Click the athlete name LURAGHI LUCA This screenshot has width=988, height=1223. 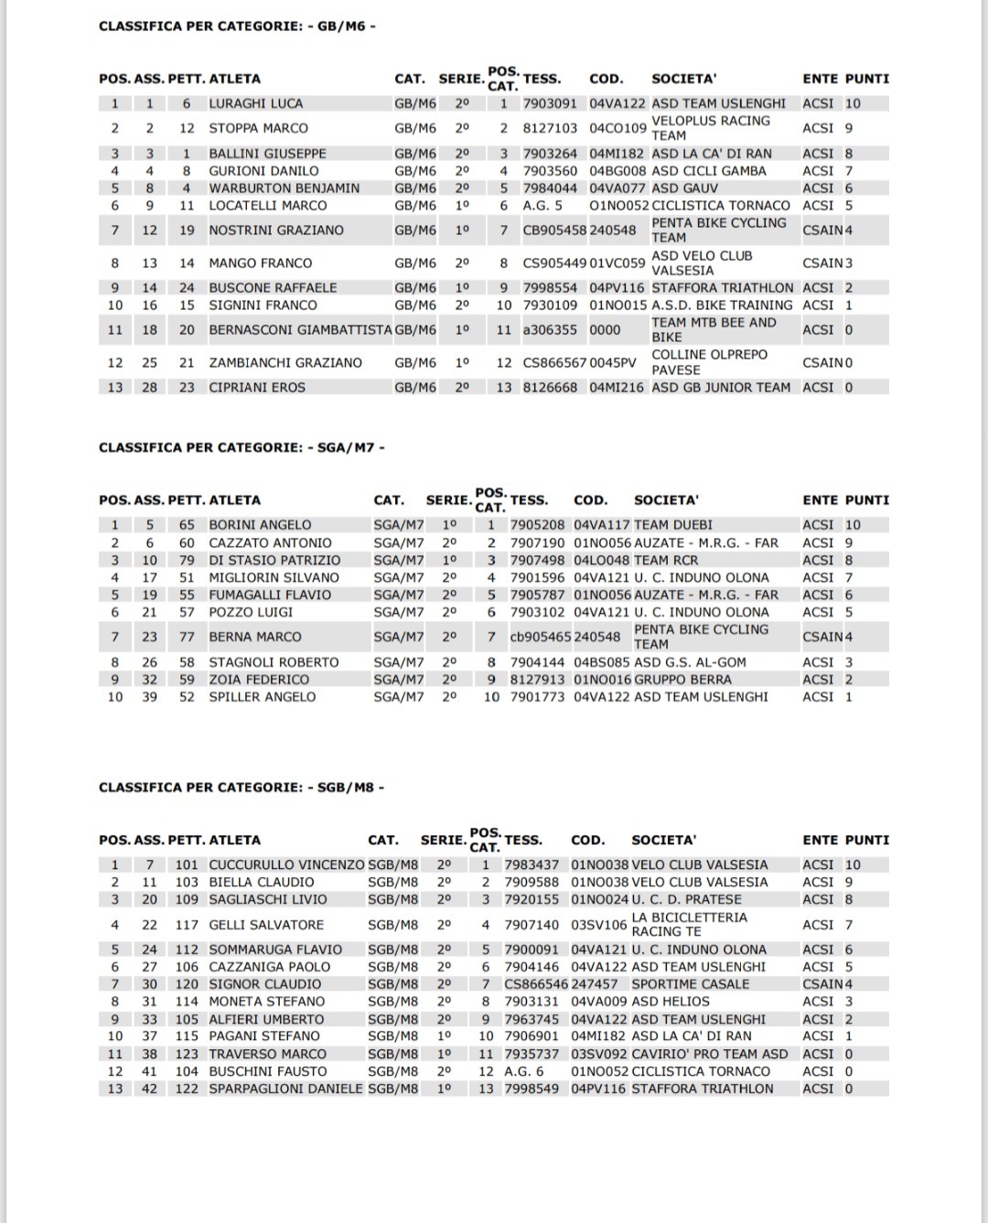point(255,103)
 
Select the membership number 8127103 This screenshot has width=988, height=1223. point(550,128)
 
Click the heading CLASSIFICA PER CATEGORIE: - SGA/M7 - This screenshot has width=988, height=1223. point(242,447)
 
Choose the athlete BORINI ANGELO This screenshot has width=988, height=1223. point(260,525)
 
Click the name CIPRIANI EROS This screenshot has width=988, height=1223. point(257,387)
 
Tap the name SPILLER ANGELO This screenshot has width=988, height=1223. point(263,696)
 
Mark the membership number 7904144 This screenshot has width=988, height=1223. point(537,662)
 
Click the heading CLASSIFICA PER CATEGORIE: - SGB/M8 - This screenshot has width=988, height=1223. point(242,787)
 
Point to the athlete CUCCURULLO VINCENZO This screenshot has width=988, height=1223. point(286,864)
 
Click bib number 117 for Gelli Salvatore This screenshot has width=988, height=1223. point(187,925)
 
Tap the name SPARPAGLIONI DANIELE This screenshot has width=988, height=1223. point(285,1089)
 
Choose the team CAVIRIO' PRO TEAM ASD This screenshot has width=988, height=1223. point(709,1054)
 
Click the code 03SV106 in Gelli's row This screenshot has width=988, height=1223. point(599,925)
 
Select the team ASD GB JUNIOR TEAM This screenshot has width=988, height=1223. point(721,387)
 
